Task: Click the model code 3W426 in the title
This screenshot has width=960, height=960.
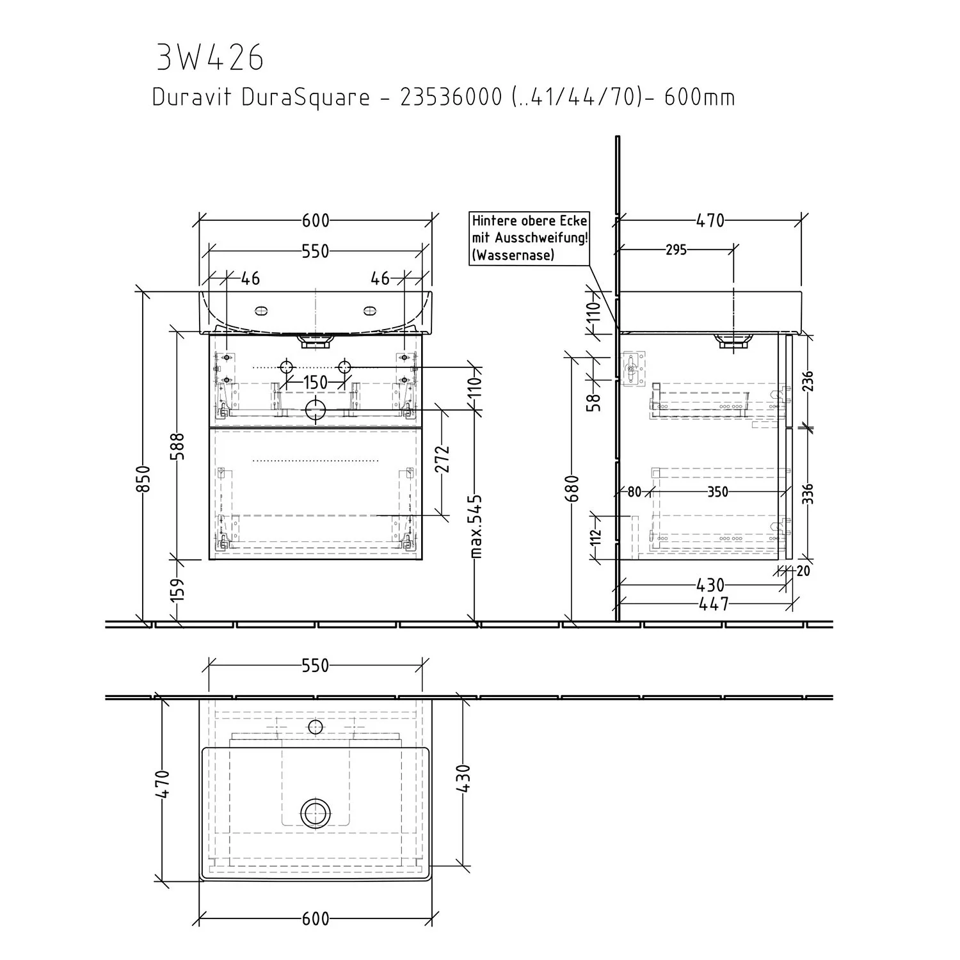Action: [x=210, y=58]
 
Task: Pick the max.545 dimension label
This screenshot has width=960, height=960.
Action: [x=476, y=525]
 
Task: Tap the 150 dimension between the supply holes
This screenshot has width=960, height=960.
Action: [x=315, y=383]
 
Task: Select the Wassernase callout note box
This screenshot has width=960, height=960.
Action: [x=529, y=237]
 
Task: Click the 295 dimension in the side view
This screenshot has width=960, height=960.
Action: [x=676, y=250]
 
